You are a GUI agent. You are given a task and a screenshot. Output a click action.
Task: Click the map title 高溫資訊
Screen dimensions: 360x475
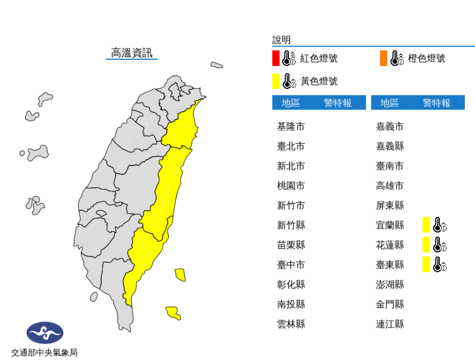pyautogui.click(x=131, y=53)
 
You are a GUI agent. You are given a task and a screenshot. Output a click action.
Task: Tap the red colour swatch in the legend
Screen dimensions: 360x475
pyautogui.click(x=275, y=58)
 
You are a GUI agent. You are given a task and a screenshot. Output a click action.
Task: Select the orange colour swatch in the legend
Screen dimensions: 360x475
pyautogui.click(x=383, y=58)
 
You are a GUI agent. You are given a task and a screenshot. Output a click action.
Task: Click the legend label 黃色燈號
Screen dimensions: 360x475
pyautogui.click(x=319, y=82)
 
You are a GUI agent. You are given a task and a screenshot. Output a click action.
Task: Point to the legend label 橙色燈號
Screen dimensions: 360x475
pyautogui.click(x=426, y=58)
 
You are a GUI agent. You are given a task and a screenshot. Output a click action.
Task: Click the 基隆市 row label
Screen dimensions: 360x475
pyautogui.click(x=291, y=126)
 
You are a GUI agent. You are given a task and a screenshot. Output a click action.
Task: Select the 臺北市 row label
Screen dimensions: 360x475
pyautogui.click(x=291, y=146)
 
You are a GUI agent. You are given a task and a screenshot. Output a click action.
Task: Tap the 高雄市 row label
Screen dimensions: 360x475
pyautogui.click(x=390, y=186)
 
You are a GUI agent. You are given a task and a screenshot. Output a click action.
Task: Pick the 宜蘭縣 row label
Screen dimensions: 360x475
pyautogui.click(x=390, y=225)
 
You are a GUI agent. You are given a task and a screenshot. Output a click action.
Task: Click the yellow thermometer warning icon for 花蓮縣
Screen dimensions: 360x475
pyautogui.click(x=435, y=244)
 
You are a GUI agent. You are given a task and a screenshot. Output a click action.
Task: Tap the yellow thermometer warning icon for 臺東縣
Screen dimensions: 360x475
pyautogui.click(x=435, y=264)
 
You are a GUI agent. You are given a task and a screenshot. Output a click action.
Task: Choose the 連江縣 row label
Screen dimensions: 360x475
pyautogui.click(x=390, y=324)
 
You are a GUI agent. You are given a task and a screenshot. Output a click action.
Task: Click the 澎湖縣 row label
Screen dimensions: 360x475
pyautogui.click(x=390, y=285)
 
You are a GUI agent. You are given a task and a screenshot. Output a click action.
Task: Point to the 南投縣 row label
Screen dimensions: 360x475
pyautogui.click(x=291, y=304)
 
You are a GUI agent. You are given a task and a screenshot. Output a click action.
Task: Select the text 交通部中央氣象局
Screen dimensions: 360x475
pyautogui.click(x=44, y=352)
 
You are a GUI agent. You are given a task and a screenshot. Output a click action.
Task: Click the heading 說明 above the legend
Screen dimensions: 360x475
pyautogui.click(x=281, y=40)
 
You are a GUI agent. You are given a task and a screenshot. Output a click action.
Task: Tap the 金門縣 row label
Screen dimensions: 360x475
pyautogui.click(x=390, y=304)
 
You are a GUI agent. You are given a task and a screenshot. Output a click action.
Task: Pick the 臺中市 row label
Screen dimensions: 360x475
pyautogui.click(x=291, y=264)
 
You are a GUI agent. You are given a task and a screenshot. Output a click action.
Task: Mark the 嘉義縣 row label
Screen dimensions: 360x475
pyautogui.click(x=390, y=146)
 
